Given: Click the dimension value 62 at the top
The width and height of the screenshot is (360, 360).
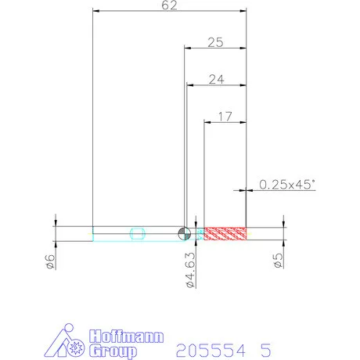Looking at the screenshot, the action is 169,5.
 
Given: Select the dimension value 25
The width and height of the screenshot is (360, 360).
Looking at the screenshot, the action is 215,42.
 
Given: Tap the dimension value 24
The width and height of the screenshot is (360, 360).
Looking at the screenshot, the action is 216,79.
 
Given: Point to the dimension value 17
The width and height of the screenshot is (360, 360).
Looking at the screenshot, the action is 225,117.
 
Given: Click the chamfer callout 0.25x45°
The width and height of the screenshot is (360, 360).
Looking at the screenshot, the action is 287,185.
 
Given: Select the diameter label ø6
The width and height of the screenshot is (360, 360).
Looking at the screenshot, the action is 49,261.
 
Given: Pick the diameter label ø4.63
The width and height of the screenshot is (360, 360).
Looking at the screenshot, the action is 191,270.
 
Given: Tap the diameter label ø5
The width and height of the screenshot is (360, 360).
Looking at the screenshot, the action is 278,261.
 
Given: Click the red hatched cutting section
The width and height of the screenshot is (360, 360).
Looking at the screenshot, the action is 225,233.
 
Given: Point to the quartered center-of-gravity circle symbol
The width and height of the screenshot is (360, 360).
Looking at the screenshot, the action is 185,233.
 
